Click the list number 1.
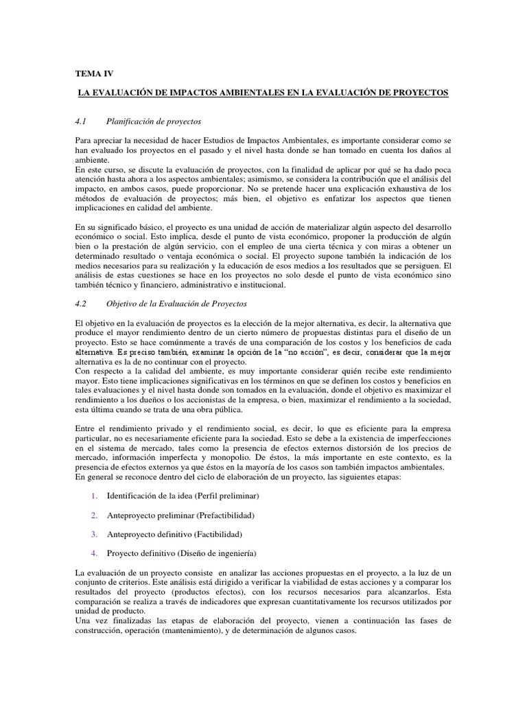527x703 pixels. pos(93,496)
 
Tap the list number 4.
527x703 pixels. pos(93,553)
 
